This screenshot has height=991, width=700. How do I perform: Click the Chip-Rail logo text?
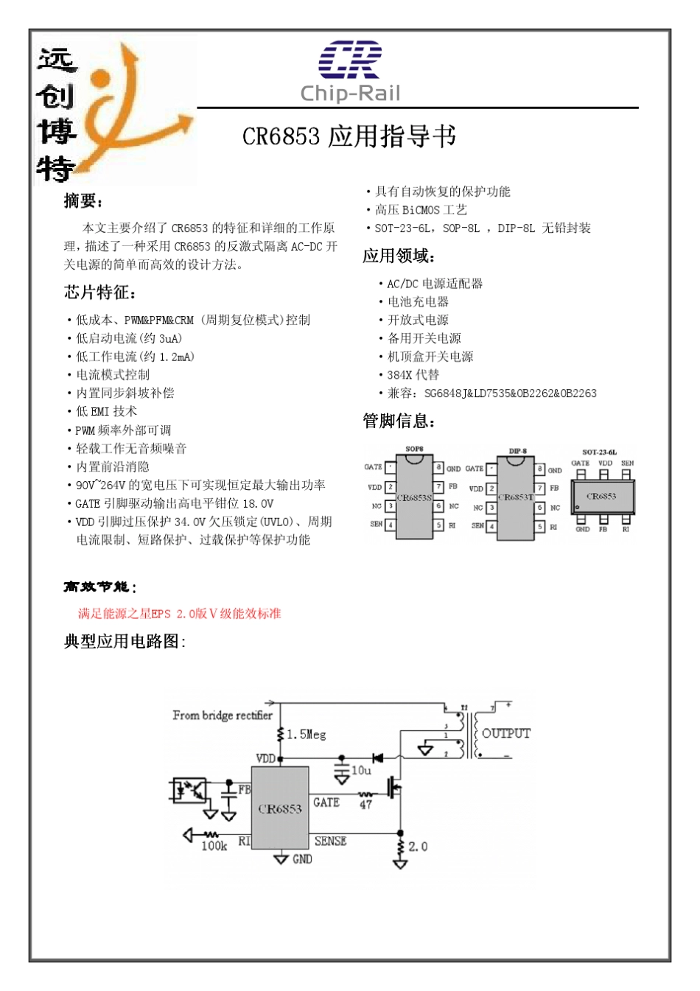click(350, 93)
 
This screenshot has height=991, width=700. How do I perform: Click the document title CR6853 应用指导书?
click(349, 136)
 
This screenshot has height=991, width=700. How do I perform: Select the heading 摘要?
click(83, 201)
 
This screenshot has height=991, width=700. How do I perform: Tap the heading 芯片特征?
click(99, 293)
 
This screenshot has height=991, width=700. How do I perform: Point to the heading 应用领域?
click(399, 256)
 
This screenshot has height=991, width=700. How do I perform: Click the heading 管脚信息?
click(399, 421)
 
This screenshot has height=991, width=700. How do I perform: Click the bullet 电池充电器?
click(418, 301)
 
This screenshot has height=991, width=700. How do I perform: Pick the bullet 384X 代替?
click(413, 374)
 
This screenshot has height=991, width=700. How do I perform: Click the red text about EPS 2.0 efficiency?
click(179, 613)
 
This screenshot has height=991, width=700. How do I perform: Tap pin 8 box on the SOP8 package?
click(438, 468)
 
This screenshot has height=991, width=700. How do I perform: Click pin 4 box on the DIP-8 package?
click(491, 526)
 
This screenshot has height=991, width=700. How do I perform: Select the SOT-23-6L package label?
click(599, 452)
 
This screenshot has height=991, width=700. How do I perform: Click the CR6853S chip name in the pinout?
click(414, 498)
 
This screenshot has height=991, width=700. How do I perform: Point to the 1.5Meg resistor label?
click(306, 735)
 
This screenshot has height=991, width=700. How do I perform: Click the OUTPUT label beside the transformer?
click(506, 733)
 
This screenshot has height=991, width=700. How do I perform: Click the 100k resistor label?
click(214, 846)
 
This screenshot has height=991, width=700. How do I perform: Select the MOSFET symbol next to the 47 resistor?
click(395, 790)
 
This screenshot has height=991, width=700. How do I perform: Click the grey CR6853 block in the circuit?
click(280, 808)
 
